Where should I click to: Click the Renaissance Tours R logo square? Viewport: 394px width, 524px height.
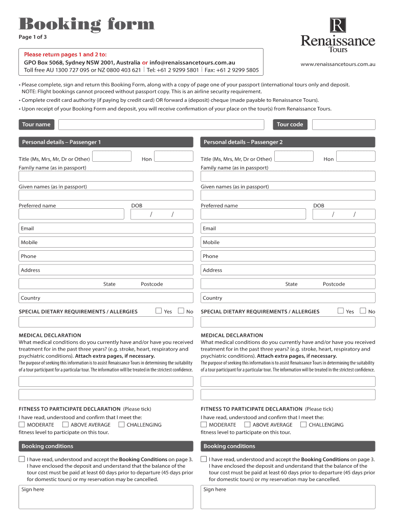(x=338, y=25)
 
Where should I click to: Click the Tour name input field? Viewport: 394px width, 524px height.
(x=161, y=124)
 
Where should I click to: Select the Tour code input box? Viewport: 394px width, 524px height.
(x=343, y=124)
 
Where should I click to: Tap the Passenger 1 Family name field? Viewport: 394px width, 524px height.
(x=106, y=176)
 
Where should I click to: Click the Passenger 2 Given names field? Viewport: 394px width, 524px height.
(x=288, y=195)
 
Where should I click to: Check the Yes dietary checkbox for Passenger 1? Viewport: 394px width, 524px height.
(x=159, y=311)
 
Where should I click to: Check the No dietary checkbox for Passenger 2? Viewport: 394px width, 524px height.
(x=363, y=311)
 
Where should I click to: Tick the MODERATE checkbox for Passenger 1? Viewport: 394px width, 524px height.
(x=21, y=424)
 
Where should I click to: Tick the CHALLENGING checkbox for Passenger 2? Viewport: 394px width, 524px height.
(x=303, y=424)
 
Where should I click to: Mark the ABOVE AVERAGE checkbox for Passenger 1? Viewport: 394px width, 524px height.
(x=65, y=424)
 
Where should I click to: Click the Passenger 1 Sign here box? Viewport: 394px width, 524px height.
(x=106, y=497)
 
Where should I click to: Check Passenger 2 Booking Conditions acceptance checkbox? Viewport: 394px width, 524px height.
(x=204, y=459)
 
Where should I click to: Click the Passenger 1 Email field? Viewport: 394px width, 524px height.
(x=106, y=228)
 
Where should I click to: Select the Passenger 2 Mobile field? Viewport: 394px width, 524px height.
(x=288, y=242)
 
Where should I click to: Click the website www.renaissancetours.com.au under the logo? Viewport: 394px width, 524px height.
(x=338, y=64)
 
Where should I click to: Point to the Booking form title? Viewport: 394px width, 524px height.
(x=86, y=24)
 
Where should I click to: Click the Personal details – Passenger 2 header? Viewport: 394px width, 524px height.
(x=288, y=142)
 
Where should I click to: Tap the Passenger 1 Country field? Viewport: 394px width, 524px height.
(x=106, y=298)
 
